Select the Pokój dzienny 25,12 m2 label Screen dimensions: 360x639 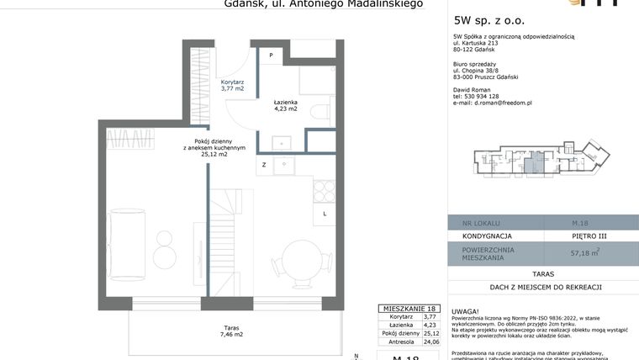point(214,148)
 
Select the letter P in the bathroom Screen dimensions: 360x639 point(272,55)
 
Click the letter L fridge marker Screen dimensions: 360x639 point(325,214)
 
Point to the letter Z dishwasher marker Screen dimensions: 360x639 point(264,165)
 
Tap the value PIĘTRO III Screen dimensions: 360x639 point(588,236)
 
